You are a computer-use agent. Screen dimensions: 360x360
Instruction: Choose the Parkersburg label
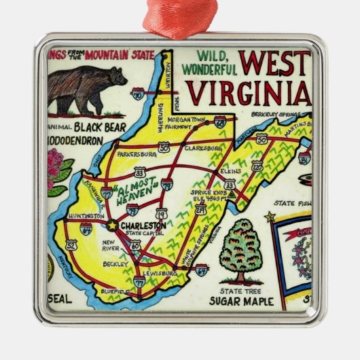[137, 154]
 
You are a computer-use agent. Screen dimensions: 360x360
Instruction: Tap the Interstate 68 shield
[219, 122]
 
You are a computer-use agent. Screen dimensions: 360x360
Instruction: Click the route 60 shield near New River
[135, 245]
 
